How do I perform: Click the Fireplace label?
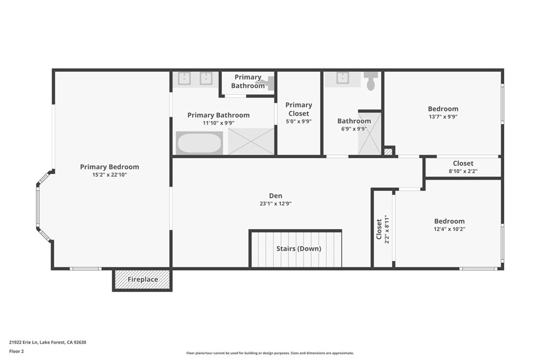142,279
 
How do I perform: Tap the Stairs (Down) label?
298,248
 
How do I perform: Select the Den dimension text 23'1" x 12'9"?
275,203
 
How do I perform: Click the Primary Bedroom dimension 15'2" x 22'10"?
110,174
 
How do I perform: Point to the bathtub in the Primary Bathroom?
199,143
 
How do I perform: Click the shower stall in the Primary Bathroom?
250,141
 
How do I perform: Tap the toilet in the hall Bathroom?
371,81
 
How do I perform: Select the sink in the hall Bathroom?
343,78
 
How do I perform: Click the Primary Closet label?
298,109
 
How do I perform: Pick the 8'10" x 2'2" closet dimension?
463,171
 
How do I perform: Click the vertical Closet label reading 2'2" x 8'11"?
383,229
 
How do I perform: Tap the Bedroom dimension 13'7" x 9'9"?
443,116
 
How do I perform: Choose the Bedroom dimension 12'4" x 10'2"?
449,229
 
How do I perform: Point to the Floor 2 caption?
16,352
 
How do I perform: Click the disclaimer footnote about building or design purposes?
270,353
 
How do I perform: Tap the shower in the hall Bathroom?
370,133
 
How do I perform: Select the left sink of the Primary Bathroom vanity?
185,79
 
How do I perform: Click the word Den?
275,196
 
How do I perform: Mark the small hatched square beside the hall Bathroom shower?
388,151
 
